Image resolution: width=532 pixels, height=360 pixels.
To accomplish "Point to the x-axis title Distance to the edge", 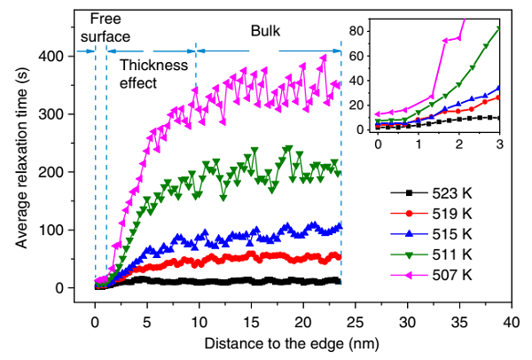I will tap(292, 341).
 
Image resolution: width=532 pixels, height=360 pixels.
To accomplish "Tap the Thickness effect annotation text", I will tap(153, 74).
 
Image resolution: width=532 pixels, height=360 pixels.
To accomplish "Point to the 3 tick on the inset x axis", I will tap(499, 143).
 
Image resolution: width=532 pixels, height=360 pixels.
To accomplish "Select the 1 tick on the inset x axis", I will tap(418, 143).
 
